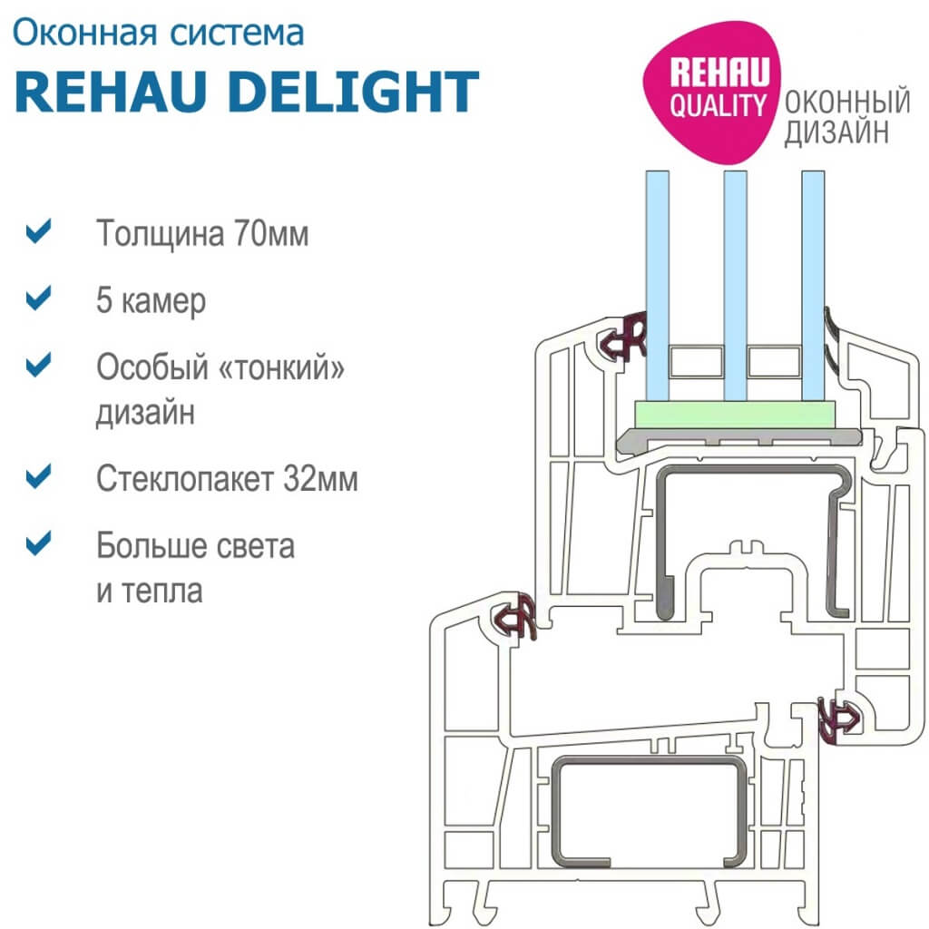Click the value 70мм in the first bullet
pos(270,234)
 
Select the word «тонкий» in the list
pos(291,367)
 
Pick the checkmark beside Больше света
pos(37,543)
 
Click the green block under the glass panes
pos(735,416)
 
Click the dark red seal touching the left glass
pos(627,336)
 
